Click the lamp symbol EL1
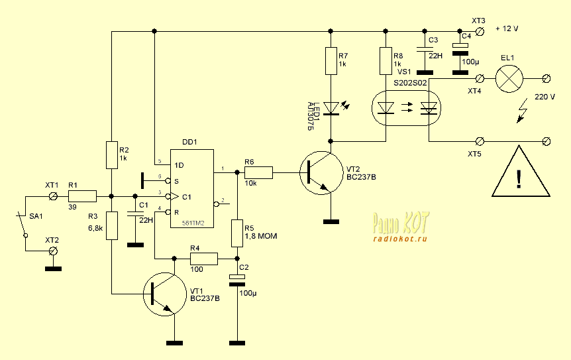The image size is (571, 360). pyautogui.click(x=508, y=78)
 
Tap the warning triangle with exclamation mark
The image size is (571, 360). pyautogui.click(x=521, y=176)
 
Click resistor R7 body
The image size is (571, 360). pyautogui.click(x=329, y=62)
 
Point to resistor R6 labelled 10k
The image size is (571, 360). pyautogui.click(x=258, y=174)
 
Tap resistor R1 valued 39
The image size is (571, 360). pyautogui.click(x=81, y=196)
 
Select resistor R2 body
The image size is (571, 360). pyautogui.click(x=111, y=154)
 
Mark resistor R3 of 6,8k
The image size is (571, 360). pyautogui.click(x=111, y=225)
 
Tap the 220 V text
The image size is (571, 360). pyautogui.click(x=545, y=97)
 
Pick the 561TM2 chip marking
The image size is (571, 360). pyautogui.click(x=192, y=222)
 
